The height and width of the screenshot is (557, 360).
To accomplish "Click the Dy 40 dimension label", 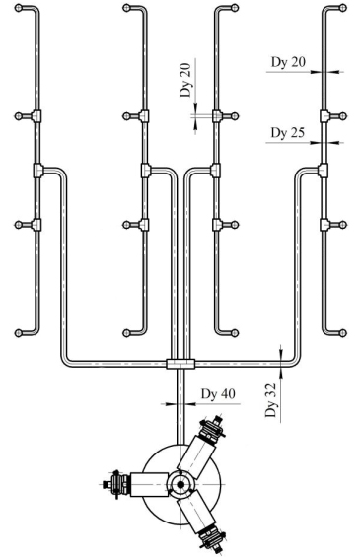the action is pos(218,394).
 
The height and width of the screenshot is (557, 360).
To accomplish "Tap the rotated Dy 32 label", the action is pos(270,400).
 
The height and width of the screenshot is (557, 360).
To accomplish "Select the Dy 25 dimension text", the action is pos(287,133).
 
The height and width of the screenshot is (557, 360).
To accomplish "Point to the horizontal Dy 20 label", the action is pos(288,62).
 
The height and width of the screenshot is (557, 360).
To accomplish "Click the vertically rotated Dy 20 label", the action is pos(185,80).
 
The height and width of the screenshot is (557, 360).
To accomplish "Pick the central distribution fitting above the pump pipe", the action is pos(180,364).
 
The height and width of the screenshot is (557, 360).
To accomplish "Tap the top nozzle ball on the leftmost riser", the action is pos(19,8).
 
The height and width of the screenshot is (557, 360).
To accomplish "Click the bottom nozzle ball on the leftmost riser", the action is pos(19,333).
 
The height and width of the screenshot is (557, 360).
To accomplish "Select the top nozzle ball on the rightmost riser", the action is pos(342,8).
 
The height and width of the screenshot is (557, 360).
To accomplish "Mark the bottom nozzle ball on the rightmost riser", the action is pos(342,333).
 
